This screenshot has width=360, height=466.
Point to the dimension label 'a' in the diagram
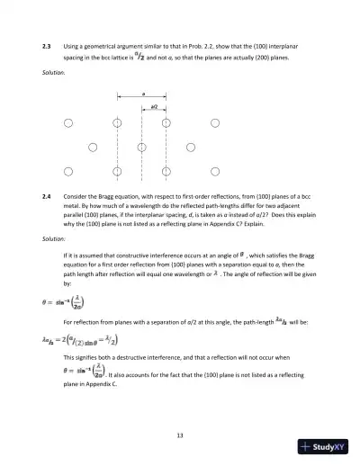(141, 92)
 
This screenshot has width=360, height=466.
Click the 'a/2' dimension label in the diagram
(154, 105)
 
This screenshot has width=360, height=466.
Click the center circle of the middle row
(141, 146)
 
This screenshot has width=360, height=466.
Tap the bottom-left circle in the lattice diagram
(67, 170)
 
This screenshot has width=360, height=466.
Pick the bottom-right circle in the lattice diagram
(214, 170)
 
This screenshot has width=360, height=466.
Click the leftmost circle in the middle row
(92, 146)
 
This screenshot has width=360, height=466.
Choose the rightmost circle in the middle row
(190, 146)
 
